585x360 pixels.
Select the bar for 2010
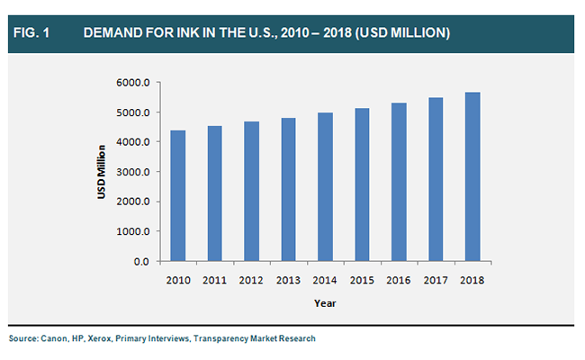click(x=178, y=196)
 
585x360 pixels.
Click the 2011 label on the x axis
click(x=215, y=280)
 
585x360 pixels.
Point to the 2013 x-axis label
click(x=289, y=280)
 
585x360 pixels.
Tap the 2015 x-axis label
click(x=363, y=280)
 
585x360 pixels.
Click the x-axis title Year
click(x=325, y=303)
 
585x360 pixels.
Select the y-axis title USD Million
click(x=103, y=172)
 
